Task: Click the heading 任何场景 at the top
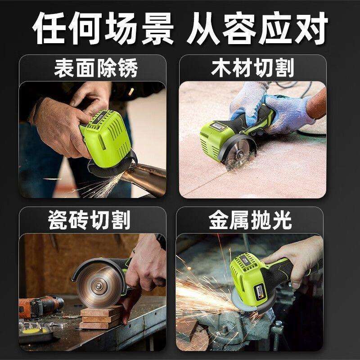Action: click(x=104, y=28)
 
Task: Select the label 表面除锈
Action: click(x=95, y=69)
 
